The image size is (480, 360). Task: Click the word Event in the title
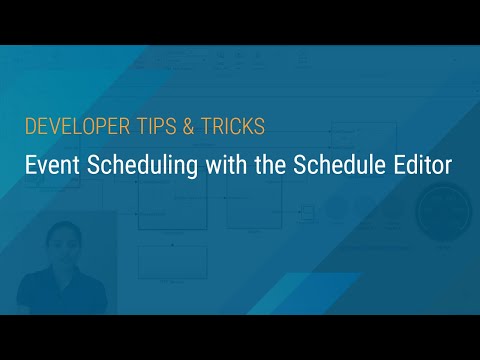pos(51,164)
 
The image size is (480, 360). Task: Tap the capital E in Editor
pos(401,164)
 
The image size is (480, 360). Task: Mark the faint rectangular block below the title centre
pos(172,262)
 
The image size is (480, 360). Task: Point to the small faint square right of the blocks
pos(308,212)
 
